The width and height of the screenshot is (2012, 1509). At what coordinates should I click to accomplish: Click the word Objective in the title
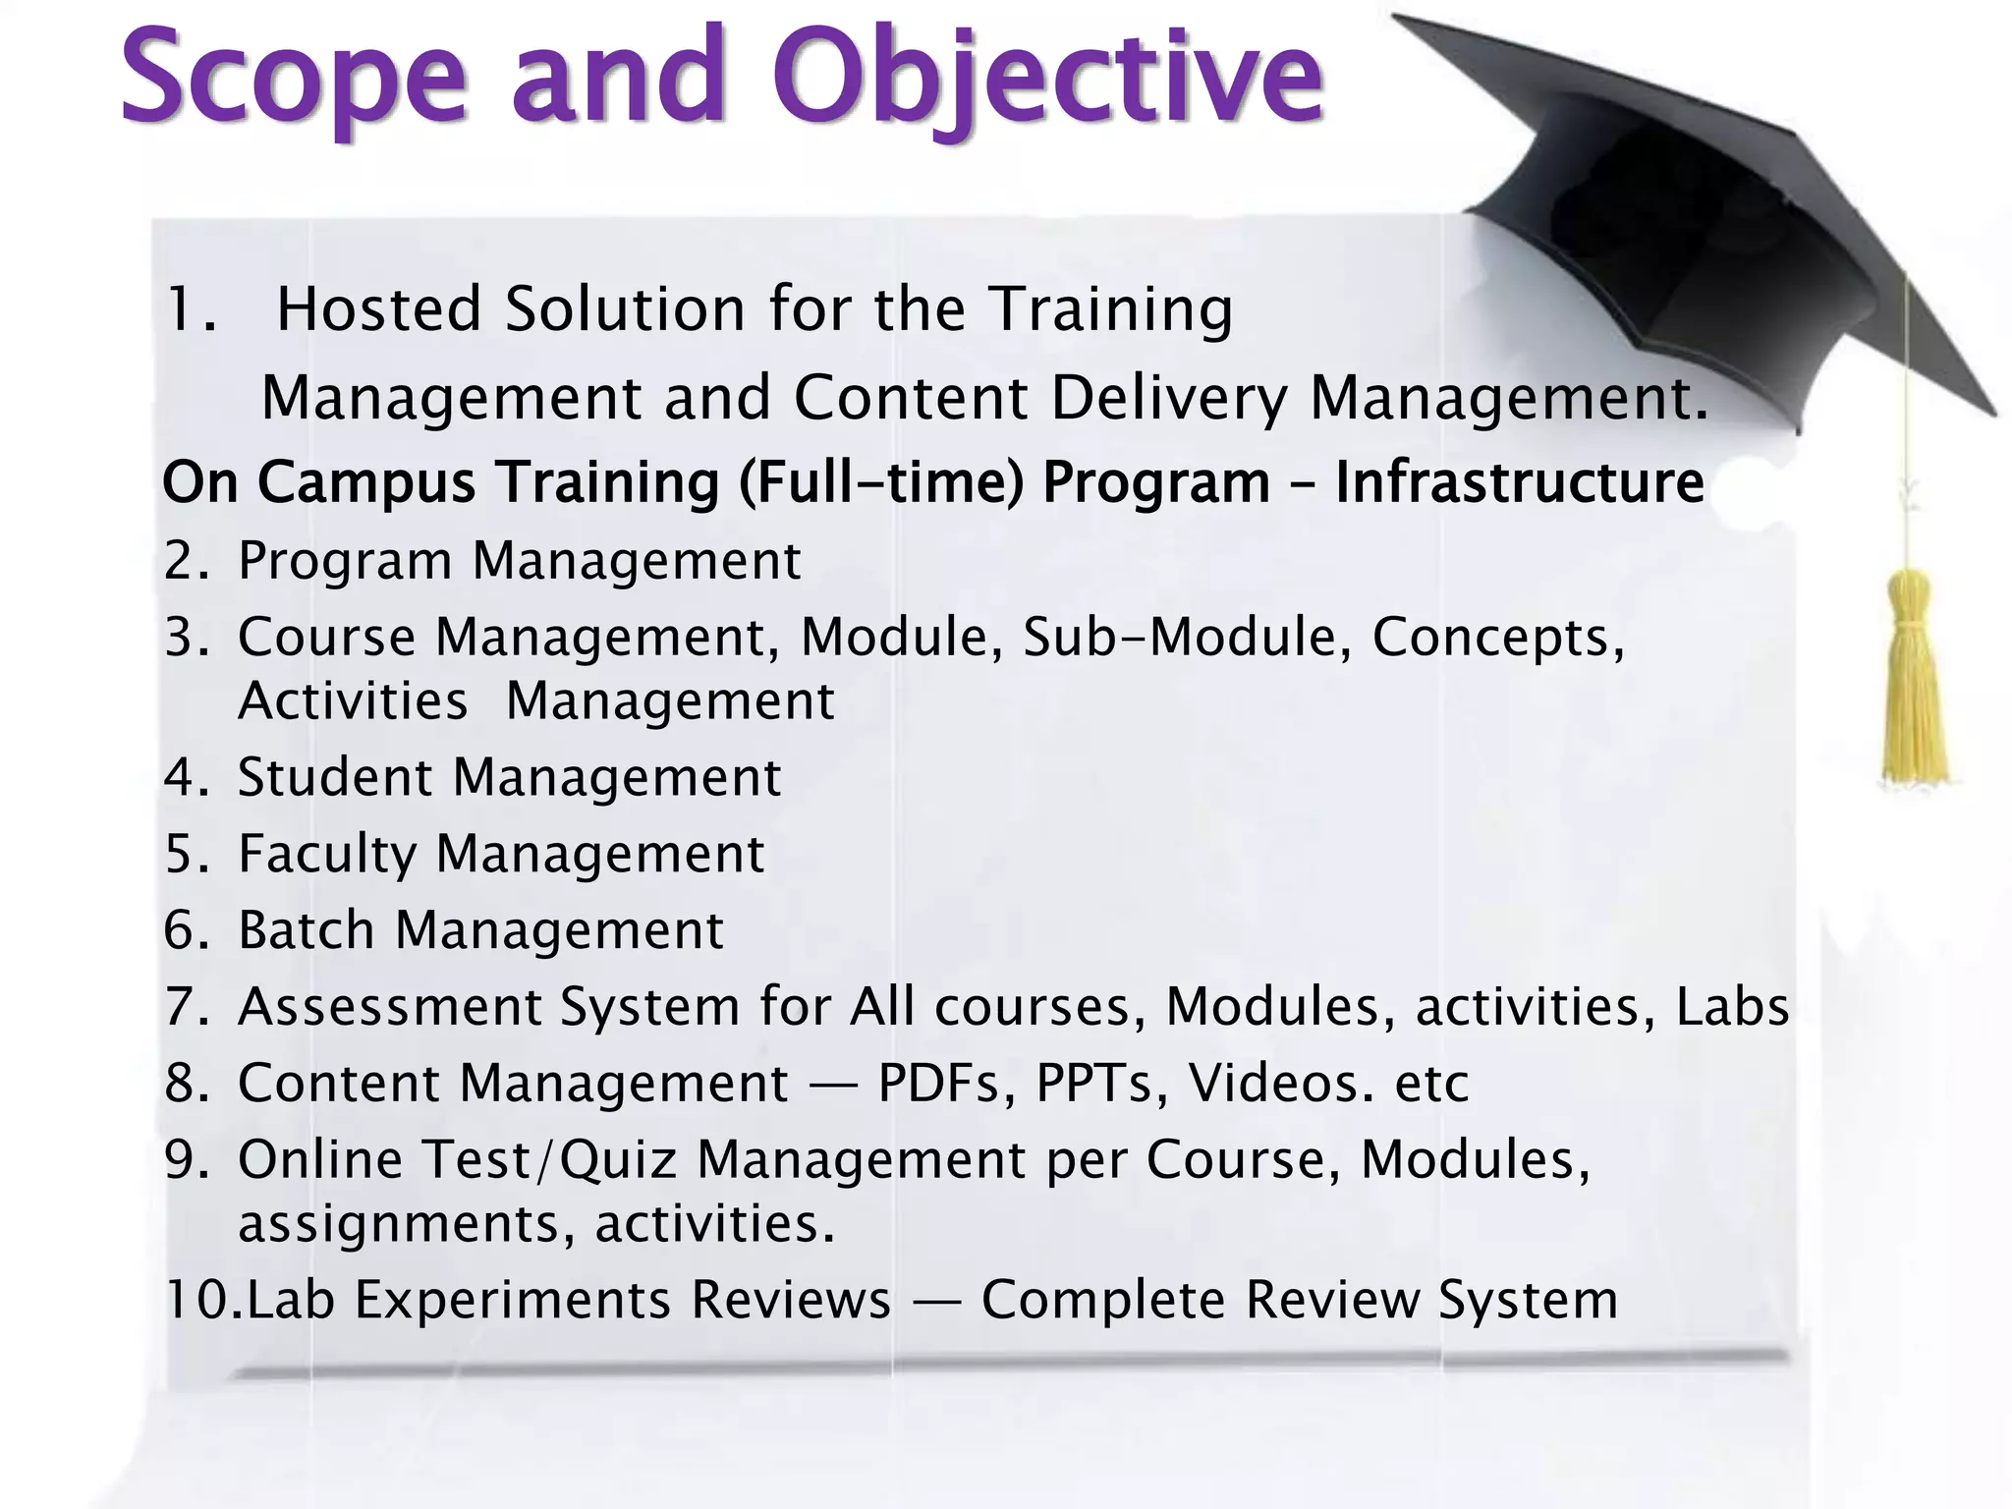[1046, 79]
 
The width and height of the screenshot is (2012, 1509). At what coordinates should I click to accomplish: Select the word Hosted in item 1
[379, 309]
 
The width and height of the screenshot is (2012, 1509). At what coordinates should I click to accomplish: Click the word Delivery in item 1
[1169, 399]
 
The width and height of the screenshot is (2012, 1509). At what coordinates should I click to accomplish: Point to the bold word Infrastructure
[1519, 482]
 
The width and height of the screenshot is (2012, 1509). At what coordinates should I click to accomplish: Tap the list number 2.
[183, 561]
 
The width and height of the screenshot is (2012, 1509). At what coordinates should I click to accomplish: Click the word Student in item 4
[334, 777]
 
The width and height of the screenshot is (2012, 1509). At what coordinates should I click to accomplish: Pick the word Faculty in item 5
[327, 854]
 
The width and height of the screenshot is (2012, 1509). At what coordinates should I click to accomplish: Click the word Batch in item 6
[307, 929]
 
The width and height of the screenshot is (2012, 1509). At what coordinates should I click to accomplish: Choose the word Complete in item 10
[1102, 1300]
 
